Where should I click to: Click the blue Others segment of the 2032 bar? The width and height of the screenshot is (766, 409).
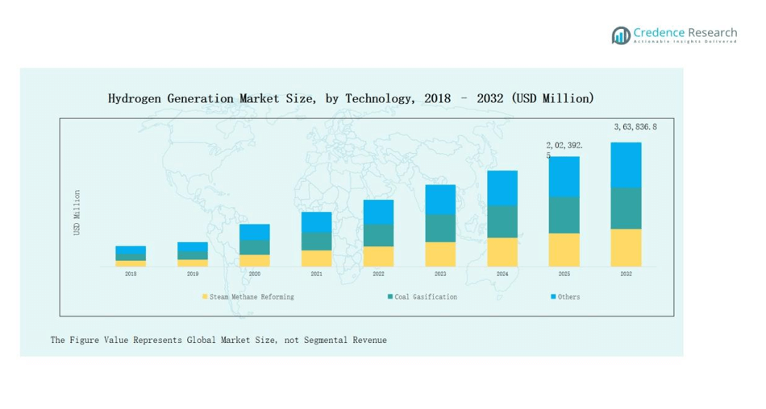click(x=626, y=165)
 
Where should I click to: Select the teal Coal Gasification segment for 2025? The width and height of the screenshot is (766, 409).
click(x=564, y=215)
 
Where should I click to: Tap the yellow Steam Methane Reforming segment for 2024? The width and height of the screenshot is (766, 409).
click(x=502, y=252)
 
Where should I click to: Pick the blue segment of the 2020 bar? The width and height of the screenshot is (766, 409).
click(x=255, y=232)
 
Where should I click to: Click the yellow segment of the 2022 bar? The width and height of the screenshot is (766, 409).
click(x=378, y=256)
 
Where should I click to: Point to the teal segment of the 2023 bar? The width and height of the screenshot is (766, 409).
click(x=440, y=228)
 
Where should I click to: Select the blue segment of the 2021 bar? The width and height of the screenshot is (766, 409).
click(x=316, y=222)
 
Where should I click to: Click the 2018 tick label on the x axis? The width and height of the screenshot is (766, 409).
click(x=131, y=275)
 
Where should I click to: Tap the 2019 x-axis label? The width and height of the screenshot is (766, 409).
click(x=193, y=275)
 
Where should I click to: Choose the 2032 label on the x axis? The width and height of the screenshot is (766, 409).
click(x=626, y=275)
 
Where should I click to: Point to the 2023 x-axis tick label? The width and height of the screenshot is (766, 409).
click(x=440, y=275)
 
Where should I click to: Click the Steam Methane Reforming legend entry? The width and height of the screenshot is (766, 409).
click(x=251, y=297)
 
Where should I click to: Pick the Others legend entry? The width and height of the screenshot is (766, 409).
click(x=568, y=297)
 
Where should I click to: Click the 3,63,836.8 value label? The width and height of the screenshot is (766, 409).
click(x=635, y=127)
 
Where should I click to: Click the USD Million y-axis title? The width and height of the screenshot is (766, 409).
click(x=77, y=213)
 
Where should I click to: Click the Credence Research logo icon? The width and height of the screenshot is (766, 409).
click(x=620, y=35)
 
